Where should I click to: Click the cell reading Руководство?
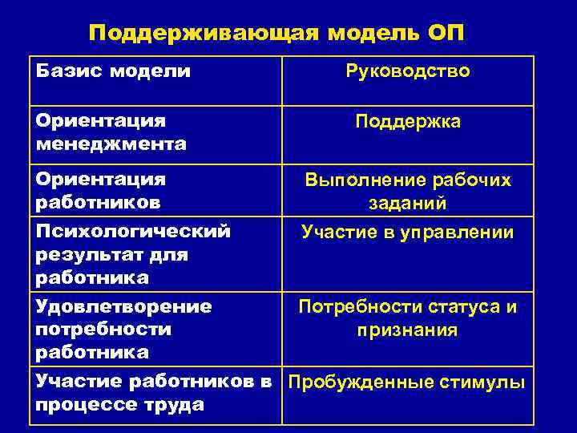[408, 71]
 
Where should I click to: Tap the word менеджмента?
[111, 144]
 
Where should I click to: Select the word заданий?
[408, 204]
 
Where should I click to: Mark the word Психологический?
[133, 232]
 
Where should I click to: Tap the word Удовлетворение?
[124, 306]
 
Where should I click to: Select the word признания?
[408, 330]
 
